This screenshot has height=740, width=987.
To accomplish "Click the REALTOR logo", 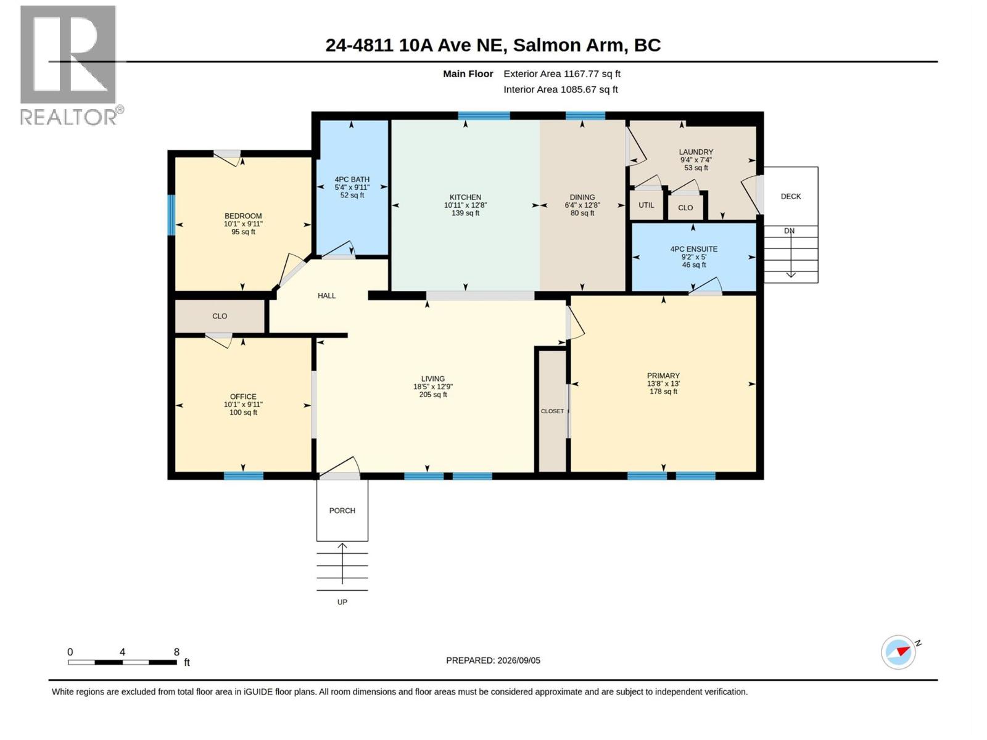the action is point(71,65).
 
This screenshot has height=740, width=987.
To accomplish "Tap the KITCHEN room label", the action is point(465,197).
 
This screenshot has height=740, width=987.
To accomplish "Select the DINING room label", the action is point(582,197).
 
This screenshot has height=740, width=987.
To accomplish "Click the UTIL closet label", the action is point(646,205).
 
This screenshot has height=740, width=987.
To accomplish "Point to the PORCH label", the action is point(342,511).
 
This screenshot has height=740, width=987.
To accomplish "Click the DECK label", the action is point(790,196).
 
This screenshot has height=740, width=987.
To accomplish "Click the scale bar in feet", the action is point(122,662).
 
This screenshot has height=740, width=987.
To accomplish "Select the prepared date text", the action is point(493,660).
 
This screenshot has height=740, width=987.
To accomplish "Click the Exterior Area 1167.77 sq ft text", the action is point(561,73).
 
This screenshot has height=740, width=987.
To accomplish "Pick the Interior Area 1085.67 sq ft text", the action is point(560,89).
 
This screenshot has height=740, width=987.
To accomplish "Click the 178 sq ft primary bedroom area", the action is point(663,392).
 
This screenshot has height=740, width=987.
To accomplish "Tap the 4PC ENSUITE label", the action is point(693,249).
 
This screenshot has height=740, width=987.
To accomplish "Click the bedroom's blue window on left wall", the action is point(171,215).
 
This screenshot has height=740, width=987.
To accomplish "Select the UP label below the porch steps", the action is point(342,602).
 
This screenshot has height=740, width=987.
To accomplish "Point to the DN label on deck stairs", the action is point(789,231).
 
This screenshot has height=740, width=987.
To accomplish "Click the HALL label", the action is point(326,295).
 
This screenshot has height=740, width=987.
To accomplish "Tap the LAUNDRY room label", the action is point(696,152).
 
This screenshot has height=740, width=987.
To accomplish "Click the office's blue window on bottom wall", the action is point(243,476).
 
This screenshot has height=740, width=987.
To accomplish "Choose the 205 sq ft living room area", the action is point(432,395).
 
